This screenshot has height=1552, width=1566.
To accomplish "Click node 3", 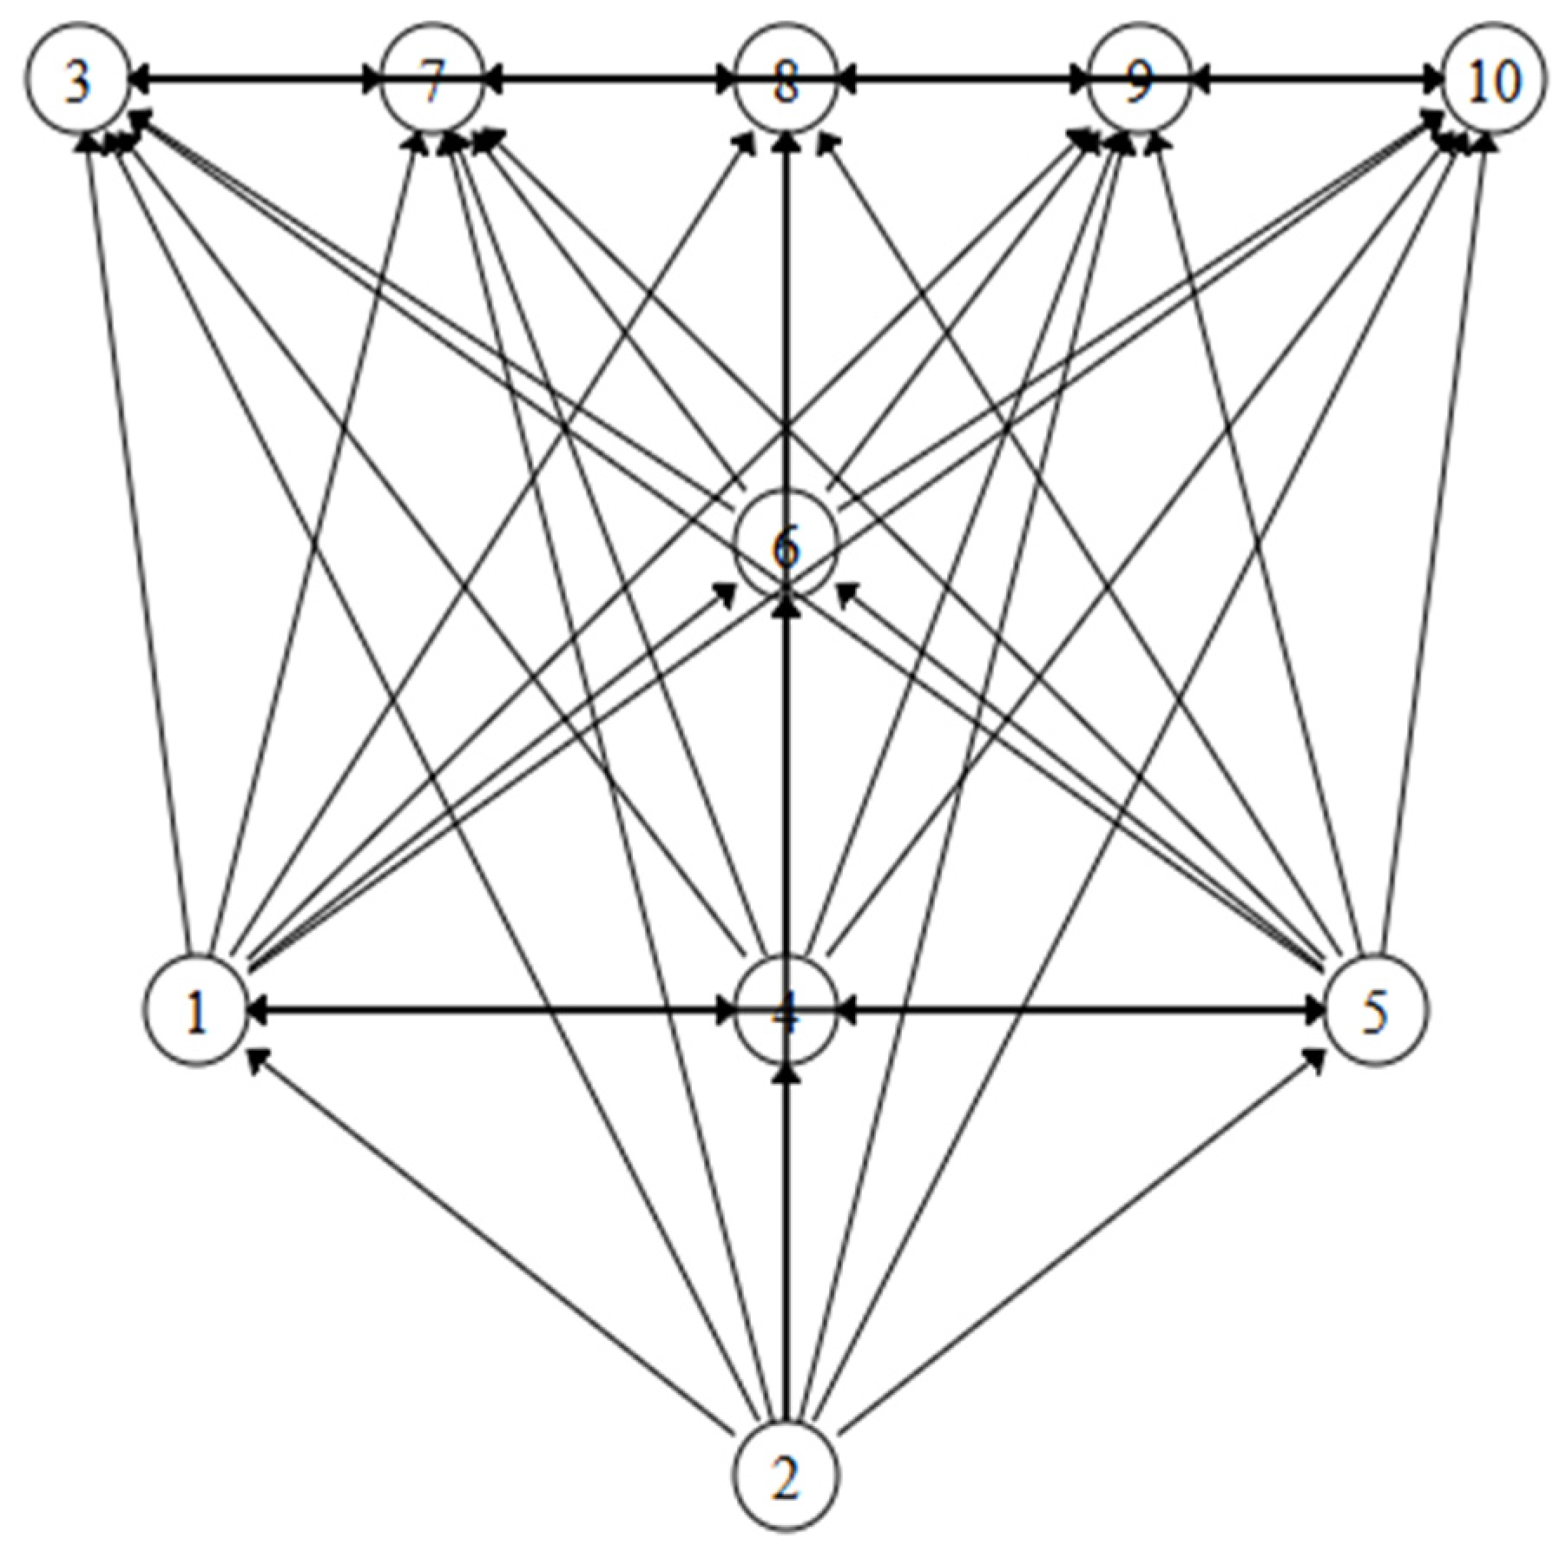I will [x=78, y=83].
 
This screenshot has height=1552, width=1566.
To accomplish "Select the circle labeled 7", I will [x=431, y=83].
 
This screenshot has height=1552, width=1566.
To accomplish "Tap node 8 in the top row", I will [x=786, y=83].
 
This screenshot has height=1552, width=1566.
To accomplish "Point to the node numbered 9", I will [x=1140, y=83].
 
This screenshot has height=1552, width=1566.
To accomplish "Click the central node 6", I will [x=786, y=547].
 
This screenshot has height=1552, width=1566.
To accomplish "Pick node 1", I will [x=198, y=1011].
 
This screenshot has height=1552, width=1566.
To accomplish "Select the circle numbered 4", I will [x=786, y=1011].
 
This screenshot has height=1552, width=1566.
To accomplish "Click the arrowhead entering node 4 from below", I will [x=786, y=1073].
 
